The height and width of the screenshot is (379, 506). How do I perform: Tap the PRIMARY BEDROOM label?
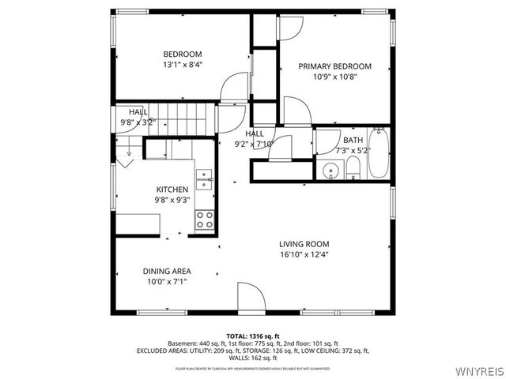(x=334, y=66)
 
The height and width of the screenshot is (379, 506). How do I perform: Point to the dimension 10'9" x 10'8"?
(x=334, y=78)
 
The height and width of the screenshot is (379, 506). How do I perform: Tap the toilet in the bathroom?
(x=353, y=167)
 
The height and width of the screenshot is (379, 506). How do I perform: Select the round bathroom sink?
(x=330, y=169)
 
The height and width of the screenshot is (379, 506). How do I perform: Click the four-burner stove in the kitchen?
(x=205, y=220)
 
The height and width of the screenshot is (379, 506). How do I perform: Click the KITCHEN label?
(x=172, y=189)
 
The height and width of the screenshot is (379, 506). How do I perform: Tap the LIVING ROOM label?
(x=304, y=244)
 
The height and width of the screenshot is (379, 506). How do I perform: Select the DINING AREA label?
(x=166, y=270)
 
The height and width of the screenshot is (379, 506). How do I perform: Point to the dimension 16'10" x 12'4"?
(x=304, y=256)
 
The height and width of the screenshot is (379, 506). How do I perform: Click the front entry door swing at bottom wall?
(x=252, y=301)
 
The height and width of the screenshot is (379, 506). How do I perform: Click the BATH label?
(x=352, y=140)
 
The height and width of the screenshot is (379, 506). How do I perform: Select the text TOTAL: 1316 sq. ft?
(x=252, y=336)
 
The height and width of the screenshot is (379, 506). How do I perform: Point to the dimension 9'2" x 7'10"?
(x=254, y=144)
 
